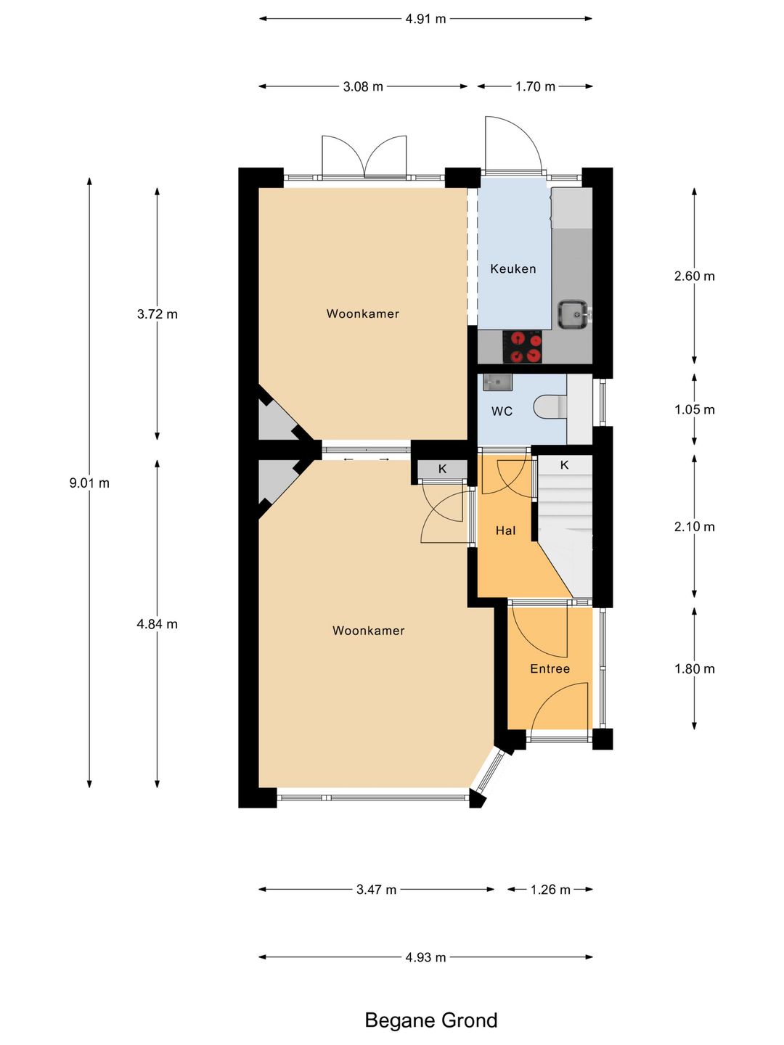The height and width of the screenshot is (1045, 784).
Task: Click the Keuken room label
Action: pyautogui.click(x=513, y=269)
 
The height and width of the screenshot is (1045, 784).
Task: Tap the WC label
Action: pyautogui.click(x=502, y=411)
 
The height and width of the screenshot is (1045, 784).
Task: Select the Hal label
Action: pyautogui.click(x=505, y=530)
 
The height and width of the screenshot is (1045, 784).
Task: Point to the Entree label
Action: pyautogui.click(x=550, y=669)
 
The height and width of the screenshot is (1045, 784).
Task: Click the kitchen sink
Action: pyautogui.click(x=573, y=314)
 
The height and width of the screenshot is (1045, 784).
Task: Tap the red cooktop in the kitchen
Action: pyautogui.click(x=523, y=347)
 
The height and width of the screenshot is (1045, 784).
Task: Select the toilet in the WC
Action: pyautogui.click(x=551, y=408)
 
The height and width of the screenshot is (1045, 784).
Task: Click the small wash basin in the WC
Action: pyautogui.click(x=497, y=382)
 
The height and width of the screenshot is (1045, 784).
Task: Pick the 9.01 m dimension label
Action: pyautogui.click(x=89, y=483)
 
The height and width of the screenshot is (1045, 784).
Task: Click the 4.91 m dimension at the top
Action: pyautogui.click(x=425, y=19)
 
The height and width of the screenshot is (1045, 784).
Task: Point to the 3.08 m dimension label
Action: pyautogui.click(x=363, y=86)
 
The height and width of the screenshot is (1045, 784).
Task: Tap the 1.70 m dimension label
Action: pyautogui.click(x=535, y=86)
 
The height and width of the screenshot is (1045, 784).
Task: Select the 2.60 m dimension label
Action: pyautogui.click(x=695, y=276)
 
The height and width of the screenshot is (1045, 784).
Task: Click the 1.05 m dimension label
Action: pyautogui.click(x=695, y=409)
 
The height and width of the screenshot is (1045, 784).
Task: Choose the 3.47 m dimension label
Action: pyautogui.click(x=376, y=890)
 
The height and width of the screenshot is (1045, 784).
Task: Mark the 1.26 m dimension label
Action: pyautogui.click(x=550, y=890)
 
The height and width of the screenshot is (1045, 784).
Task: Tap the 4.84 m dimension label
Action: pyautogui.click(x=157, y=624)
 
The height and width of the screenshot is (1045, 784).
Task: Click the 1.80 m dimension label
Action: pyautogui.click(x=695, y=669)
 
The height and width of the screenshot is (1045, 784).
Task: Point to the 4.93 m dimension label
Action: pyautogui.click(x=425, y=957)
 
